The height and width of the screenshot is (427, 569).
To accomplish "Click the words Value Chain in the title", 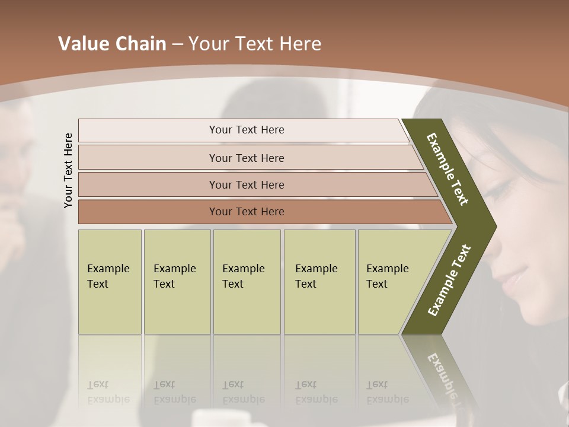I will coord(112,44).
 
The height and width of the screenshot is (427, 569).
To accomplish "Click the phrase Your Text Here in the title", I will coord(255,44).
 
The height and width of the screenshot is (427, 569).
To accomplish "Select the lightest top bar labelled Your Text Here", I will coord(246,130).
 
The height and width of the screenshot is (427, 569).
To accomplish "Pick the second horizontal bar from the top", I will coord(246,158).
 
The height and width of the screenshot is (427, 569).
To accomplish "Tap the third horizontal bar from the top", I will coord(246,184).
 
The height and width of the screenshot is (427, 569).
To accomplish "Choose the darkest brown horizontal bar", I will coord(246,212).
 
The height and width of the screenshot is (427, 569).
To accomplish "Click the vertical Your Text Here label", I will coord(68,170).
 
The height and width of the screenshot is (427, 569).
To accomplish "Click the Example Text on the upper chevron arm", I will coord(447,169).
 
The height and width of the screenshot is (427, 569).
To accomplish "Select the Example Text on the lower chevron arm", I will coord(449,280).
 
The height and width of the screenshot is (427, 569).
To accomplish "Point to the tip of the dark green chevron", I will coord(494,226).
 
